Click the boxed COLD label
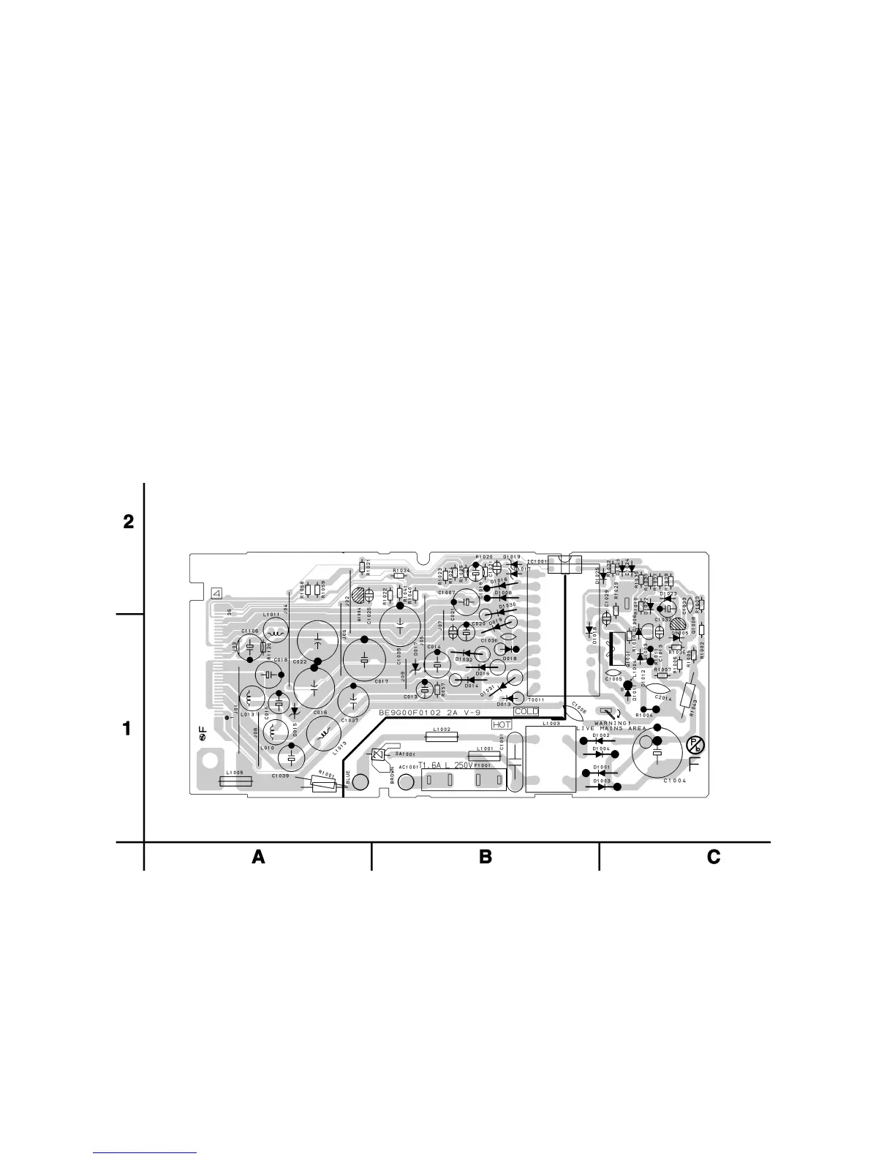tap(526, 711)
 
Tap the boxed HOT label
tap(502, 724)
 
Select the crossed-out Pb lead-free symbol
tap(695, 746)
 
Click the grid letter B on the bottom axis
tap(486, 857)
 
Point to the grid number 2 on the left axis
tap(129, 522)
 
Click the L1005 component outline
tap(235, 781)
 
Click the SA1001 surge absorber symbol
tap(378, 755)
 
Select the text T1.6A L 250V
tap(445, 765)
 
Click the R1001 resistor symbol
tap(324, 784)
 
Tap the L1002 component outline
tap(441, 738)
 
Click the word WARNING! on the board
tap(613, 724)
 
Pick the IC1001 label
tap(537, 562)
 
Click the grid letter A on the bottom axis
tap(258, 857)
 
